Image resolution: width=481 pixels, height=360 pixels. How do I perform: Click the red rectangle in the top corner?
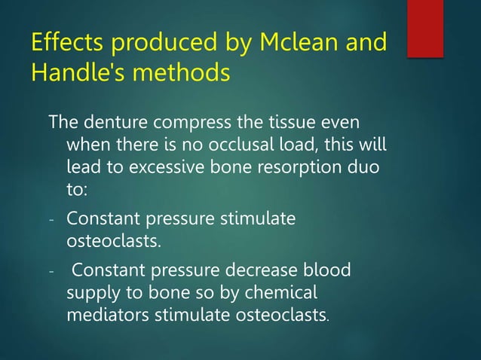[x=425, y=27]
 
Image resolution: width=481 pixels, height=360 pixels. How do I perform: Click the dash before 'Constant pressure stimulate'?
[x=52, y=221]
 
